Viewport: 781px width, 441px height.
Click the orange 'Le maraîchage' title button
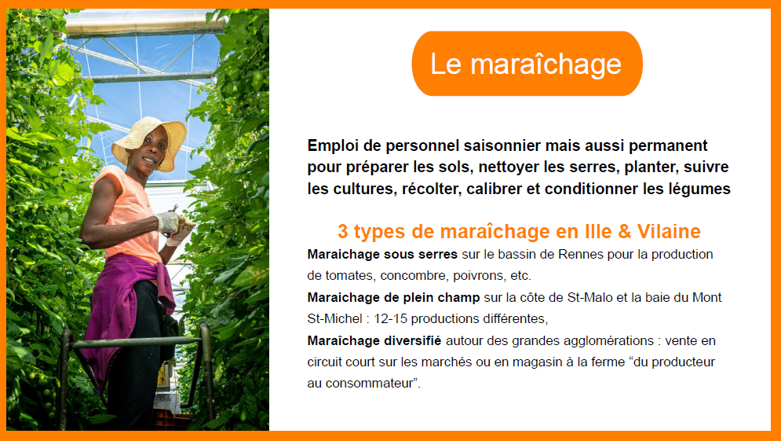pos(527,64)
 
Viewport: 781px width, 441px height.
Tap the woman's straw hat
pos(148,141)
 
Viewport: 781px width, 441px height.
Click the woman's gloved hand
pos(168,222)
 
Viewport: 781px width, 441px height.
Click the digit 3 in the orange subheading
pos(343,231)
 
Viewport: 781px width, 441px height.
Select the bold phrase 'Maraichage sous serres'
pos(382,255)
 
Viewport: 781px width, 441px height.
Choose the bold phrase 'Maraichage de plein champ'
pos(393,298)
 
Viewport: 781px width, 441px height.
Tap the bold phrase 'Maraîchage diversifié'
pos(374,340)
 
